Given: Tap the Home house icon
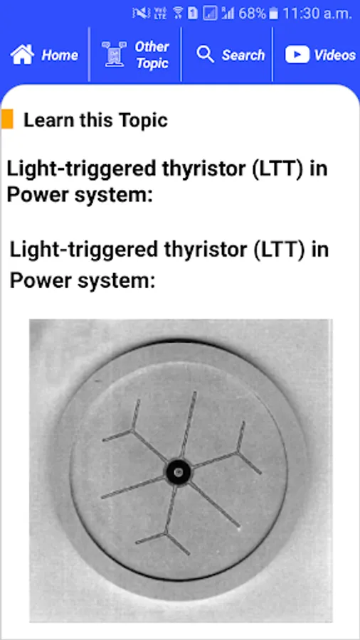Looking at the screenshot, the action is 22,55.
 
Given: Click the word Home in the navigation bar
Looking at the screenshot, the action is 60,55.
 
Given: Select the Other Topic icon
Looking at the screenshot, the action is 112,54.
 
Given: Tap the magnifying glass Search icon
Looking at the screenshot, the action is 205,54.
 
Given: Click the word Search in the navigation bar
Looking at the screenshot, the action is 243,55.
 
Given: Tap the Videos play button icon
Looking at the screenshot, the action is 297,54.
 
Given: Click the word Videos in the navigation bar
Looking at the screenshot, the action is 334,55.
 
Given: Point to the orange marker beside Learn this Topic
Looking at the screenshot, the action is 7,119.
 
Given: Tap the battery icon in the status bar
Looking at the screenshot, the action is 273,14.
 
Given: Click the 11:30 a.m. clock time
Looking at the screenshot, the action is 317,14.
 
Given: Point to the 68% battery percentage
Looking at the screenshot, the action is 253,14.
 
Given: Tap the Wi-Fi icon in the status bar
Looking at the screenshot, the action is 178,14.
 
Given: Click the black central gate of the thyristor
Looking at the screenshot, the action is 178,471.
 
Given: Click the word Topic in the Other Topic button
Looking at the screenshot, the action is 152,63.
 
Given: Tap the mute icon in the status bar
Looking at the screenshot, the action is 141,14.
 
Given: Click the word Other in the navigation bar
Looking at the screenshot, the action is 152,47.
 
